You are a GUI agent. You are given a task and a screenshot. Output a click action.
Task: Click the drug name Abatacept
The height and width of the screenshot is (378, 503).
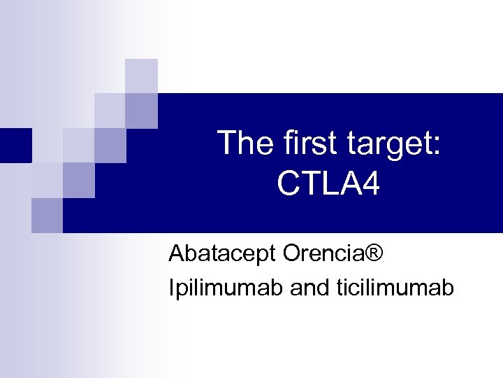(x=222, y=254)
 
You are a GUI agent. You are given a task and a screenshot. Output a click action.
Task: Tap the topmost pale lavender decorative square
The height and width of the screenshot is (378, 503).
(x=141, y=75)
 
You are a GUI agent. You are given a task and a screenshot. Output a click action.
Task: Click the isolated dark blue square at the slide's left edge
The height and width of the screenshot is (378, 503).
(x=15, y=145)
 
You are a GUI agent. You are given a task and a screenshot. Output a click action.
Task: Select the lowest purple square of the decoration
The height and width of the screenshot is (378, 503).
(x=47, y=215)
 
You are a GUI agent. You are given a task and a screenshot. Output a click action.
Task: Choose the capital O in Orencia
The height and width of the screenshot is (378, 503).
(x=293, y=253)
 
